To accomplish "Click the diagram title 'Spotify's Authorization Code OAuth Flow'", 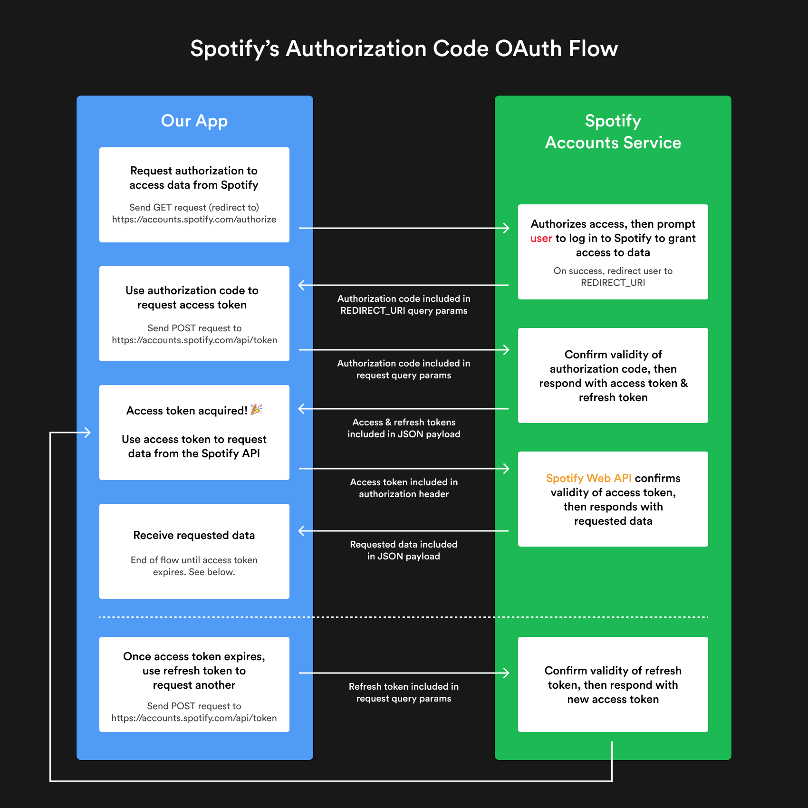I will pos(404,49).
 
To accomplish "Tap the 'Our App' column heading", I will pos(194,121).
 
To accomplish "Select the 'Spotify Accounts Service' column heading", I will pos(613,132).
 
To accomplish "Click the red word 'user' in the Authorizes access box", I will pos(541,238).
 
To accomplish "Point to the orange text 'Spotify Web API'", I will pos(588,478).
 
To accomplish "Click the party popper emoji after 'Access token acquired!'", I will pos(256,410).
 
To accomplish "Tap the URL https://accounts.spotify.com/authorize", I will pos(194,220).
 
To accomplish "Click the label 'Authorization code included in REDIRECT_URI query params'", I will pos(404,305).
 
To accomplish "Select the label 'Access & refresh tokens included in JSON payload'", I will pos(404,428).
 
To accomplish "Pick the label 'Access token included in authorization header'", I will pos(404,488).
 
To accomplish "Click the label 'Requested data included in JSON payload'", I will pos(404,550).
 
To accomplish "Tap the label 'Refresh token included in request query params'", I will pos(404,693).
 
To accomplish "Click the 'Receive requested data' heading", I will pos(194,535).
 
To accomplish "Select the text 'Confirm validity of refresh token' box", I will pos(613,684).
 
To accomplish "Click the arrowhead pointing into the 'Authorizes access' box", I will pos(507,228).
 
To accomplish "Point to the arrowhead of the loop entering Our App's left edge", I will pos(88,433).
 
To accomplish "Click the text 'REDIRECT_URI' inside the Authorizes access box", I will pos(613,283).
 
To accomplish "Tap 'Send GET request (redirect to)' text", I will pos(194,207).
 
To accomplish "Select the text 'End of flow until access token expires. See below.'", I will pos(194,566).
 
